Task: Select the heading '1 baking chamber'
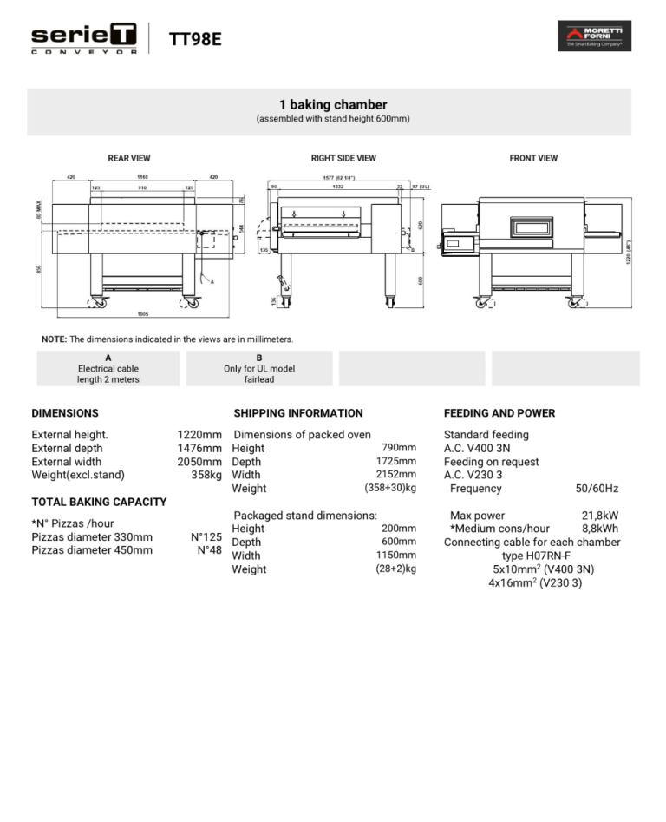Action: click(x=333, y=104)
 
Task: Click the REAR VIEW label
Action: click(x=129, y=158)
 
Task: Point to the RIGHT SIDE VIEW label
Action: click(x=343, y=158)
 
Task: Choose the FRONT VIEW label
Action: click(x=533, y=158)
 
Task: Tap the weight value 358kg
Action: click(x=206, y=475)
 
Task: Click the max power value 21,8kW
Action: click(x=599, y=516)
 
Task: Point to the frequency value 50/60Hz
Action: click(x=597, y=489)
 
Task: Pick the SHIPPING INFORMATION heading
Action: click(x=298, y=413)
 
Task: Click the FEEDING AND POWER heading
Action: click(x=499, y=413)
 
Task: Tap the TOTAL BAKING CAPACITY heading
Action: click(x=99, y=502)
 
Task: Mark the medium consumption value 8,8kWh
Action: click(x=599, y=529)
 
